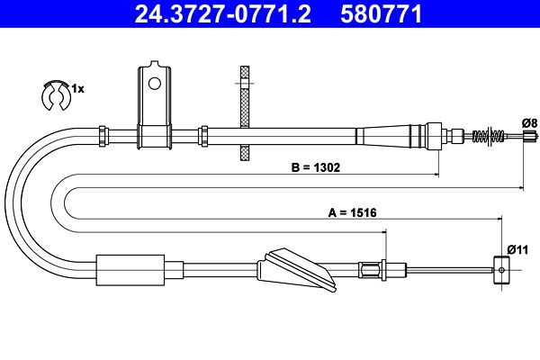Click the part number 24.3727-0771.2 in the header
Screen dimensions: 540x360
point(223,14)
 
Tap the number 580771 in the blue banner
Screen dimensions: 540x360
point(382,14)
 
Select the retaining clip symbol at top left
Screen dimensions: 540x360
point(56,95)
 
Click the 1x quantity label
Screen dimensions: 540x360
point(77,89)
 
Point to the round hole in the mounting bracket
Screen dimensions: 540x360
point(154,83)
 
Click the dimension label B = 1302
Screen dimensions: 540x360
point(316,167)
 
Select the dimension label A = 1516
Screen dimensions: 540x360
point(352,212)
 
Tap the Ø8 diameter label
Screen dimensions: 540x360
point(530,122)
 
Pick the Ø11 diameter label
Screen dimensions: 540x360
point(517,249)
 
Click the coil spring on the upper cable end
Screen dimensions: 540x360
point(489,136)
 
